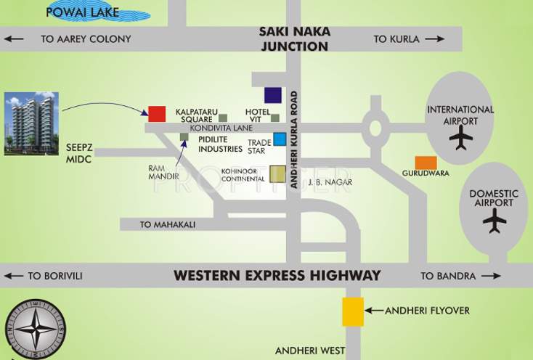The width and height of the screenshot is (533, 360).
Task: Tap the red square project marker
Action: coord(157,113)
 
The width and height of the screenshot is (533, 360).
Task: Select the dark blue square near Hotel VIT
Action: coord(272,94)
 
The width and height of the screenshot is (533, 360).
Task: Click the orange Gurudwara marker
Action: coord(426,163)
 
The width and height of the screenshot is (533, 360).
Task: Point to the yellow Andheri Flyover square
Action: coord(353,311)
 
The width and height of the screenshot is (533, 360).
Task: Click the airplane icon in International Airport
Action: coord(460,137)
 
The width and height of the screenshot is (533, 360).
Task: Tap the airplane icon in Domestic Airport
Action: coord(495,221)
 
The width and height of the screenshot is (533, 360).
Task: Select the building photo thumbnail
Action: coord(30,123)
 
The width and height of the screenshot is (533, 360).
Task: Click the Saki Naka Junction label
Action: coord(294,39)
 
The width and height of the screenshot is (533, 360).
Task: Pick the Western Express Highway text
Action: coord(277,276)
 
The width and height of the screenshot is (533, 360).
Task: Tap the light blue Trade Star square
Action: coord(280,139)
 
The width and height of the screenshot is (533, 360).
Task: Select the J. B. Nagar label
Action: coord(330,181)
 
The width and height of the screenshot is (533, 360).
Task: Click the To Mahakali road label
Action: coord(168,225)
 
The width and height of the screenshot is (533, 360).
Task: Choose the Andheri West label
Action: coord(310,351)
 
